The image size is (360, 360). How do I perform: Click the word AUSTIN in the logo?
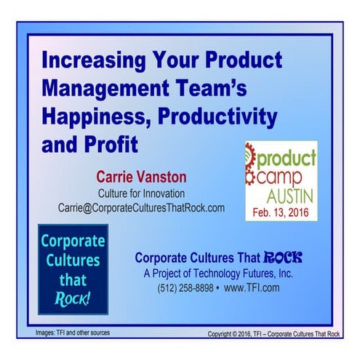pyautogui.click(x=288, y=196)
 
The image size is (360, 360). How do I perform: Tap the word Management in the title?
pyautogui.click(x=103, y=87)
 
